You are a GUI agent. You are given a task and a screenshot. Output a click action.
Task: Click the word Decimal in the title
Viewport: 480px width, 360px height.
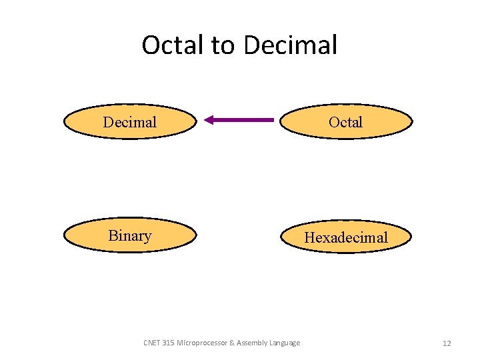[x=291, y=45]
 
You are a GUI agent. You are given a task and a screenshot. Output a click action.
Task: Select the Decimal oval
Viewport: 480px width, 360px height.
[x=130, y=121]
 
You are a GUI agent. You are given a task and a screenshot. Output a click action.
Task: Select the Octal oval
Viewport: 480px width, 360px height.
[x=345, y=121]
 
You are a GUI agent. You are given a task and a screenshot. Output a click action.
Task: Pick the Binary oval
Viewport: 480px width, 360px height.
[x=130, y=235]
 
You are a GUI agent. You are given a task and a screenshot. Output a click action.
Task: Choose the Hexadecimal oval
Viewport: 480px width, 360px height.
[x=345, y=237]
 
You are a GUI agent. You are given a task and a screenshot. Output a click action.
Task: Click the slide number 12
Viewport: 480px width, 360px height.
[x=447, y=343]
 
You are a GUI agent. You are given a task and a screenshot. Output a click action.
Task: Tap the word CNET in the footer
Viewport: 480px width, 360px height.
[x=152, y=343]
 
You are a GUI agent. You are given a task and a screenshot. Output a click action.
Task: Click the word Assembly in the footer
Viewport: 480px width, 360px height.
[x=251, y=343]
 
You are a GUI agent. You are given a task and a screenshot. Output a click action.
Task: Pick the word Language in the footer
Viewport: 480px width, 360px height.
[x=285, y=343]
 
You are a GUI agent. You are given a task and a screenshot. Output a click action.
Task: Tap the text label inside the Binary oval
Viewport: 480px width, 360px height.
[x=130, y=235]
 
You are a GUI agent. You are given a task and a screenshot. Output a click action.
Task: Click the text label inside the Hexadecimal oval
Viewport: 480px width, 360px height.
[x=345, y=237]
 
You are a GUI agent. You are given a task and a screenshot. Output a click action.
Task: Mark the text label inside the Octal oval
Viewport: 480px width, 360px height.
[x=345, y=122]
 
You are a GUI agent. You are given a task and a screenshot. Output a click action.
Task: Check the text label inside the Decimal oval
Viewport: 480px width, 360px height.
[x=130, y=122]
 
